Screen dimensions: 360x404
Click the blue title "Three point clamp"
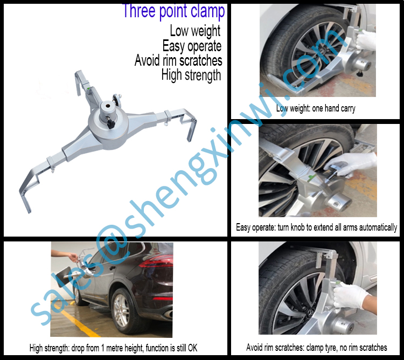[x=173, y=11]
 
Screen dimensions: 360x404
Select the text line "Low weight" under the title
[x=195, y=31]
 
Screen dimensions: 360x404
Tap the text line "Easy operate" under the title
[x=192, y=46]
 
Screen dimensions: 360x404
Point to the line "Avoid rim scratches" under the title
[x=178, y=60]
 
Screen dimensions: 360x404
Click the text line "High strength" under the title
[x=191, y=75]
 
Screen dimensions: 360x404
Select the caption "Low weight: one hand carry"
[x=316, y=108]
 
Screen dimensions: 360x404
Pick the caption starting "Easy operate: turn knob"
[x=317, y=227]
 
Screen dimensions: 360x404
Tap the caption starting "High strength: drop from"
[x=113, y=348]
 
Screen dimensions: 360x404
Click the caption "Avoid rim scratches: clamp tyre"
[x=317, y=348]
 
